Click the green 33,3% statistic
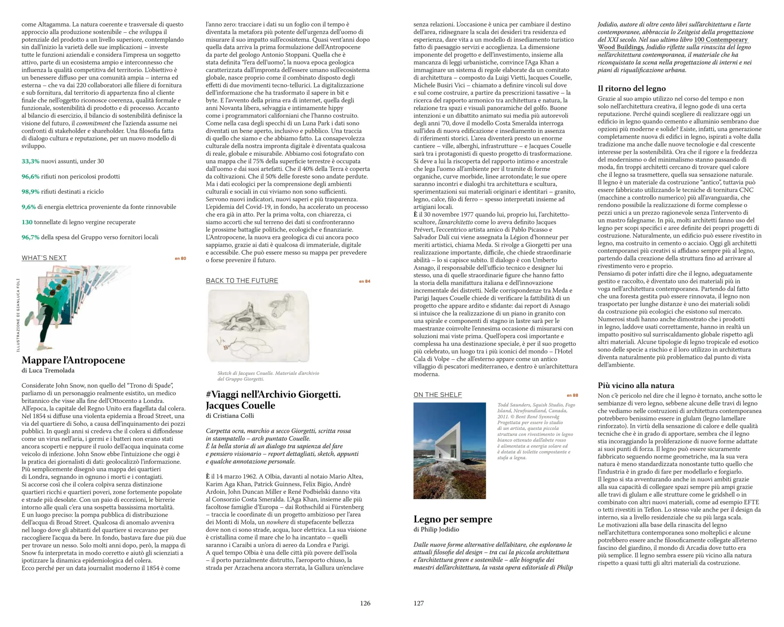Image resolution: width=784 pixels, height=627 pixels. point(30,161)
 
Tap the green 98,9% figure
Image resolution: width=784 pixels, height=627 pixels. point(30,191)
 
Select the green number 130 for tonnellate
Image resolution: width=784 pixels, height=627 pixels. point(27,222)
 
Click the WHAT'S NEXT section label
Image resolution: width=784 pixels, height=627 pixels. point(44,258)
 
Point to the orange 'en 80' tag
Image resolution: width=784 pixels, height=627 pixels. point(180,258)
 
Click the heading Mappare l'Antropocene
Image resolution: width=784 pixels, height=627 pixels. point(73,360)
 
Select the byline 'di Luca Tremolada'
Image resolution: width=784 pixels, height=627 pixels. point(48,371)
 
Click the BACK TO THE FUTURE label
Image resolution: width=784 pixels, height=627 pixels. point(242,281)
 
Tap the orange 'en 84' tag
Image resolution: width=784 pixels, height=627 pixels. point(365,281)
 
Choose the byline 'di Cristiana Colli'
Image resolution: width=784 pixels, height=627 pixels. point(229,416)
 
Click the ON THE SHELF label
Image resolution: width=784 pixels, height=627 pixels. point(437,395)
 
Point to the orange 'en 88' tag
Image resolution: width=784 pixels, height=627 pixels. point(572,395)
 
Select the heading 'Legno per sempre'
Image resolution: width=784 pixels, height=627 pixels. point(452,519)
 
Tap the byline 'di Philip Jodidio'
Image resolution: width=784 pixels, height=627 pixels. point(436,529)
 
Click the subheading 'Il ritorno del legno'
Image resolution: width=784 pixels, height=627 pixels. point(631,89)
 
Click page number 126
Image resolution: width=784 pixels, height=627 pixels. point(365,603)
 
